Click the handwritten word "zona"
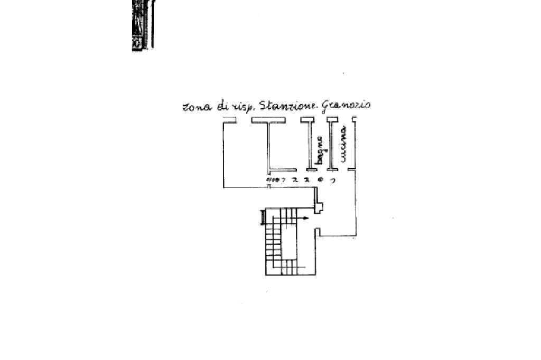pyautogui.click(x=196, y=107)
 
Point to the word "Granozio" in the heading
pyautogui.click(x=346, y=104)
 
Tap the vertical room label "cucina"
pyautogui.click(x=343, y=144)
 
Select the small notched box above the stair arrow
pyautogui.click(x=318, y=207)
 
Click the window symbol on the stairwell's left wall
pyautogui.click(x=262, y=217)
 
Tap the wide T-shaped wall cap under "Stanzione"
pyautogui.click(x=268, y=120)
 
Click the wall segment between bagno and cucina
pyautogui.click(x=331, y=144)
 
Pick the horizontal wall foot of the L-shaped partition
pyautogui.click(x=282, y=170)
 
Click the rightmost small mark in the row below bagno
pyautogui.click(x=333, y=180)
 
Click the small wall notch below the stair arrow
pyautogui.click(x=318, y=231)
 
